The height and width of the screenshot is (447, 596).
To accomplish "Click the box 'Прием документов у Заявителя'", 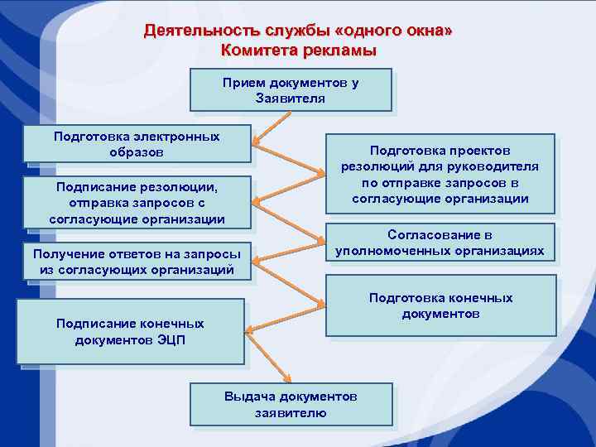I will (x=291, y=90).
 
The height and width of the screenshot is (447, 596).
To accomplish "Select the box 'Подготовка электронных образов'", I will (x=137, y=144).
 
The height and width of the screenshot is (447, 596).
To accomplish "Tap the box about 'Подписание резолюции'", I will (x=137, y=202).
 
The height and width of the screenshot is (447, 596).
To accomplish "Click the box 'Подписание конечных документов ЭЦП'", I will (x=130, y=331).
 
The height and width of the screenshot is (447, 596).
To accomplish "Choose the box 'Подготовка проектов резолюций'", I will (x=440, y=175).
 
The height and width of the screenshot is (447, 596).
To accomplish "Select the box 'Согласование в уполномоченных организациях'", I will (x=440, y=243).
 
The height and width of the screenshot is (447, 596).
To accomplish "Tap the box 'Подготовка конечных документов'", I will (x=440, y=305).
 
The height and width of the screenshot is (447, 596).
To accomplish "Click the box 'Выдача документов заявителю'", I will (x=291, y=405).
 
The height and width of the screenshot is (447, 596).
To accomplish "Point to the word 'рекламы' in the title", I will (x=343, y=50).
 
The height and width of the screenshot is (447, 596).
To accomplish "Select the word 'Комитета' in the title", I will (x=256, y=50).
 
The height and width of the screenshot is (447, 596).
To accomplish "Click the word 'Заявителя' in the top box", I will (x=291, y=99).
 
